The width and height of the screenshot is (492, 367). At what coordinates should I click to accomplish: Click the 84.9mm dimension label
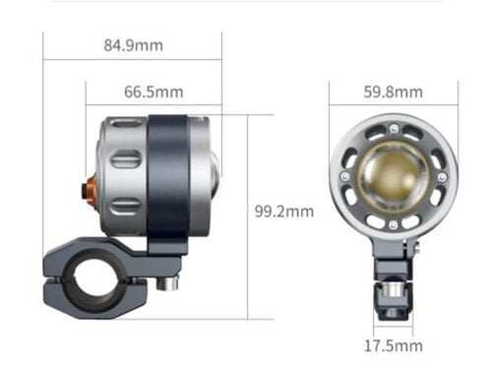pos(133,45)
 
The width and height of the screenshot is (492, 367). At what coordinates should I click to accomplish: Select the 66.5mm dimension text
pos(154,92)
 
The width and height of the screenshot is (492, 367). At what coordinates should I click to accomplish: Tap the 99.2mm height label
pos(284,212)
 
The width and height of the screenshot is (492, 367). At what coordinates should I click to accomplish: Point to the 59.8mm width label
pos(393,92)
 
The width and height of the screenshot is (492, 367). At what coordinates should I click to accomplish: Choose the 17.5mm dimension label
pos(394,346)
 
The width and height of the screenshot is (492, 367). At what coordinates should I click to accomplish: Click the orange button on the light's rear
pos(89,190)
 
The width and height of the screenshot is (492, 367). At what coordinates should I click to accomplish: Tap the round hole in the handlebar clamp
pos(93,278)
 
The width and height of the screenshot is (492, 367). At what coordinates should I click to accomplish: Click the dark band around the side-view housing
pos(168,184)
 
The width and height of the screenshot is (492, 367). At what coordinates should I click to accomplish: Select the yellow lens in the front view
pos(393,176)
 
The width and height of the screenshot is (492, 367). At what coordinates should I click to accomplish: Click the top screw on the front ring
pos(394,129)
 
